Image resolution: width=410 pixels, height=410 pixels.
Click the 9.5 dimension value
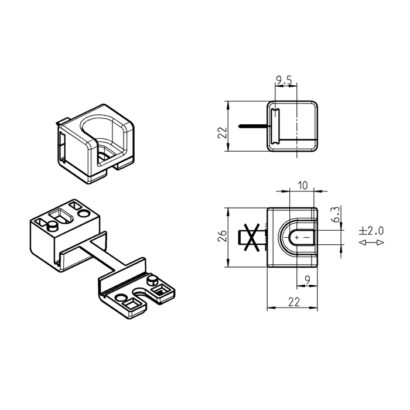(x=284, y=80)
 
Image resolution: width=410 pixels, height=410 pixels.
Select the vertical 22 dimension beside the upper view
(x=222, y=133)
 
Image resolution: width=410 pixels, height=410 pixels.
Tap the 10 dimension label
(x=303, y=186)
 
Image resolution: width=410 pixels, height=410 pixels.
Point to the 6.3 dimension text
(x=336, y=214)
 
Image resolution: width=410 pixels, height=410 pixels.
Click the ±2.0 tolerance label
(x=371, y=231)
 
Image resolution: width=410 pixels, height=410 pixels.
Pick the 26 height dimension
(x=222, y=236)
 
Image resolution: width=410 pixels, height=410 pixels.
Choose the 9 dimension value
(x=307, y=280)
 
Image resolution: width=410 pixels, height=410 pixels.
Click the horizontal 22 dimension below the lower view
(x=294, y=302)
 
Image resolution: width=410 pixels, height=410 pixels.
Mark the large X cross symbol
(x=251, y=237)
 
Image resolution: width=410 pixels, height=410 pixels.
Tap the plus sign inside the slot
(x=297, y=238)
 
